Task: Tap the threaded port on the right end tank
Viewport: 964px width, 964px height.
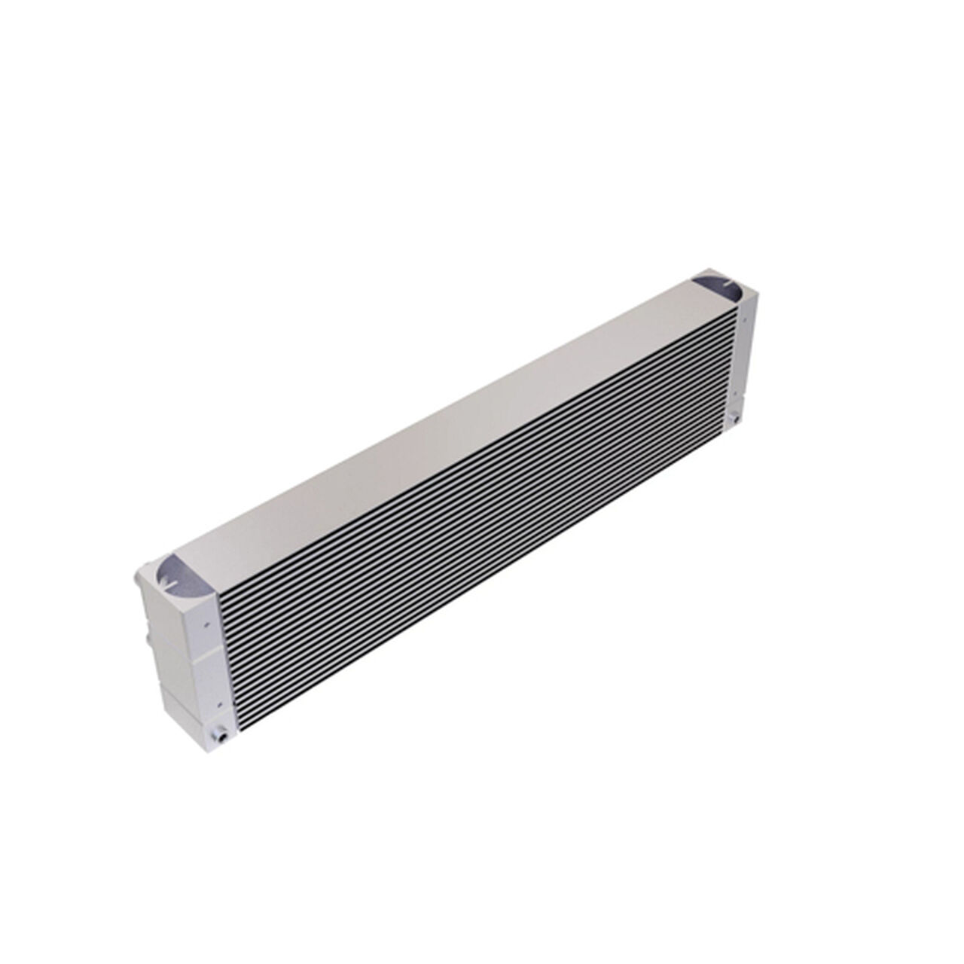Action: tap(734, 416)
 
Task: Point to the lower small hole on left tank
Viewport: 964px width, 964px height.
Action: tap(219, 705)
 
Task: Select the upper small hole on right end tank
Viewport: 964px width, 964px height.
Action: tap(743, 319)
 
